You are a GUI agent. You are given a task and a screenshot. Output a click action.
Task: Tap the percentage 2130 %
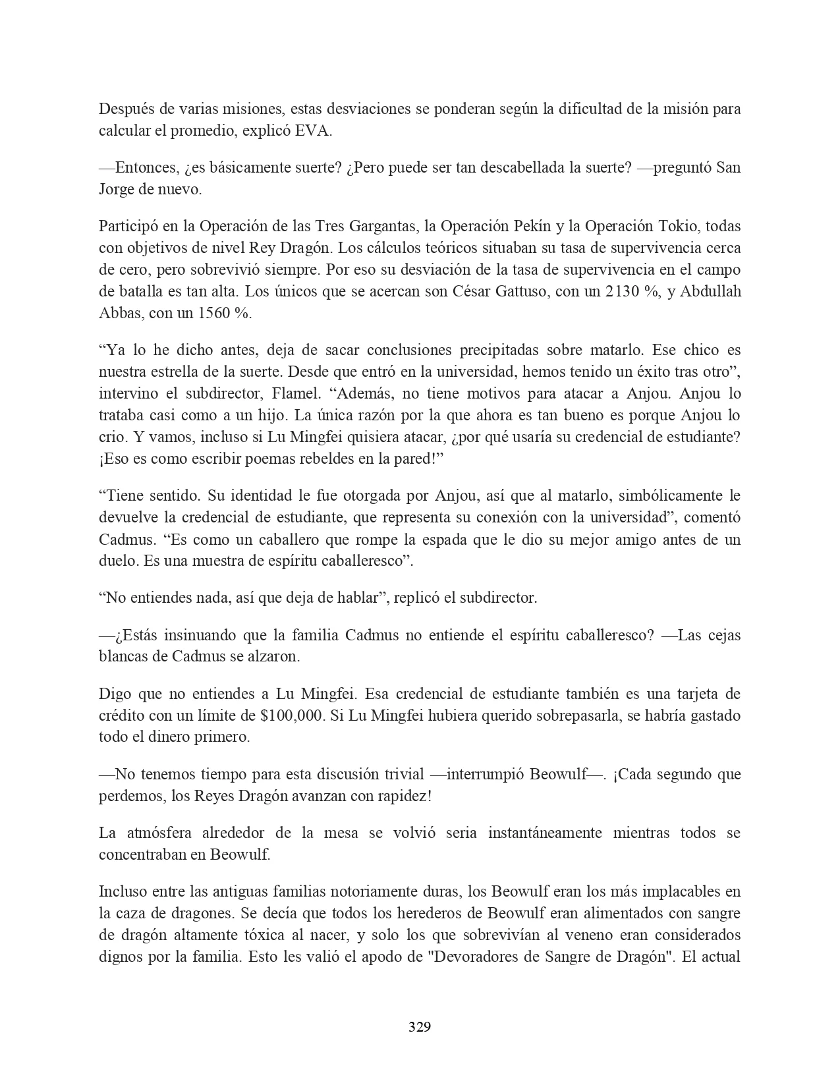pos(633,292)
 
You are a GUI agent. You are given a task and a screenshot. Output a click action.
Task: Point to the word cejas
pos(723,635)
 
